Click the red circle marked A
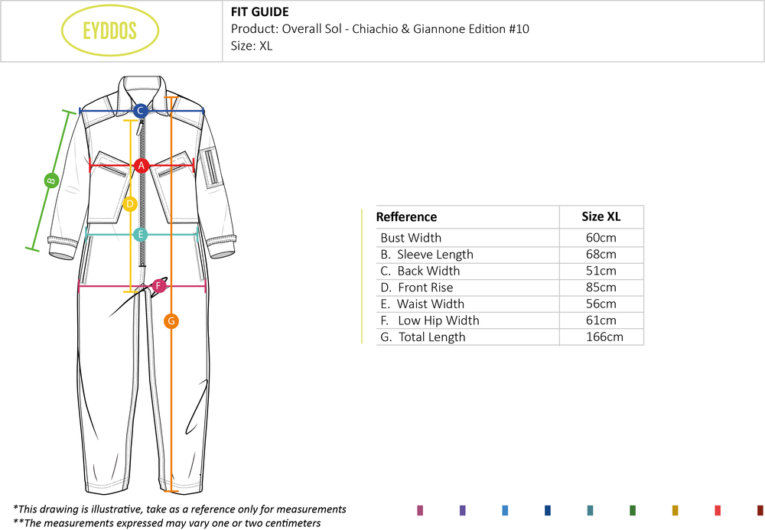[141, 165]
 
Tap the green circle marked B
[51, 181]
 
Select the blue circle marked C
[140, 111]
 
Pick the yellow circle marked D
[130, 204]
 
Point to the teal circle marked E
[140, 235]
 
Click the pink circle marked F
[159, 286]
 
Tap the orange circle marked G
[171, 321]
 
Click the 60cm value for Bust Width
[601, 238]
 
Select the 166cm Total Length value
[601, 337]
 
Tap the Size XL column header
[601, 216]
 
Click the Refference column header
[406, 217]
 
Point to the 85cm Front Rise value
[601, 288]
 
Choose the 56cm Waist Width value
[601, 304]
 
